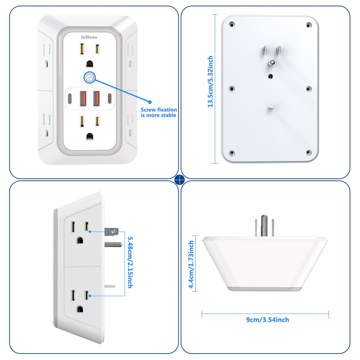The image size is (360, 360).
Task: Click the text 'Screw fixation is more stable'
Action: [159, 112]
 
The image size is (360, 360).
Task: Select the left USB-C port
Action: [70, 98]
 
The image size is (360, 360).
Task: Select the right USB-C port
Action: [109, 98]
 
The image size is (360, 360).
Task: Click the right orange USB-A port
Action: [96, 98]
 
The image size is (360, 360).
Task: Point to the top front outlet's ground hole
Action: [90, 64]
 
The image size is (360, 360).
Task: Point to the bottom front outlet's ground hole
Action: [90, 136]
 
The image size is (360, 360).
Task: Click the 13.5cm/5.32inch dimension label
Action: [211, 81]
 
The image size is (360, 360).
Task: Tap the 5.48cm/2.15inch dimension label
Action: [130, 262]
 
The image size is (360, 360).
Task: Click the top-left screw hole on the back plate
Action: [232, 25]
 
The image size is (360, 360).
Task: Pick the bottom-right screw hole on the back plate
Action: [309, 152]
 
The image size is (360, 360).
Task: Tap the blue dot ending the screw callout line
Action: [150, 102]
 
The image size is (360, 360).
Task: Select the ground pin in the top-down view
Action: [265, 225]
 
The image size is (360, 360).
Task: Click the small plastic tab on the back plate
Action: [271, 107]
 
